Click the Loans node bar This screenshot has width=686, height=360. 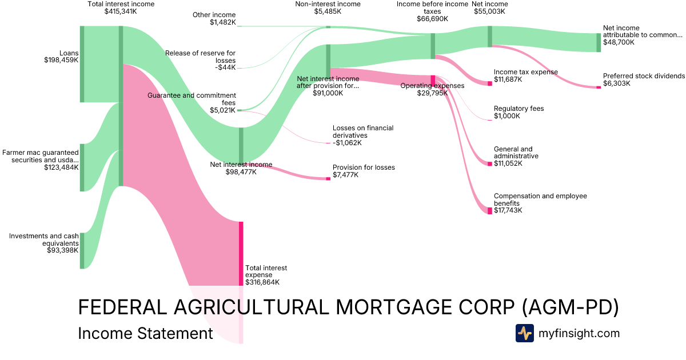click(82, 64)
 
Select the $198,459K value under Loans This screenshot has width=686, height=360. click(61, 59)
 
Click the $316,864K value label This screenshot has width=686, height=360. click(262, 282)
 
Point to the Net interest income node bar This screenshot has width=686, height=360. click(241, 145)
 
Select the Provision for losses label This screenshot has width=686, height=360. click(364, 167)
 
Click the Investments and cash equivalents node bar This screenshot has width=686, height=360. click(82, 250)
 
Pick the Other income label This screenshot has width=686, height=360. click(214, 15)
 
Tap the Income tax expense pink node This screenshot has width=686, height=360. click(490, 83)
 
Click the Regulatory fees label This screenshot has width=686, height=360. click(519, 109)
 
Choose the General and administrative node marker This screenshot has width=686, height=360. click(490, 164)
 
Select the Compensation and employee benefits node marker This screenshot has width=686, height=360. click(490, 211)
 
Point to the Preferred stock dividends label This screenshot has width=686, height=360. click(643, 76)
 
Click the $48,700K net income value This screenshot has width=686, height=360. click(619, 42)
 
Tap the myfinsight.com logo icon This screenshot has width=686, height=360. click(524, 333)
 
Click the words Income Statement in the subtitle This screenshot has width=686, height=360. click(145, 333)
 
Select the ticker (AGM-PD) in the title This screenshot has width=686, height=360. click(570, 307)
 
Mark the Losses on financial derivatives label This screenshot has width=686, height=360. click(363, 132)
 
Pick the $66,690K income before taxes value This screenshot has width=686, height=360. click(432, 19)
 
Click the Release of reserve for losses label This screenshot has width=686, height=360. click(200, 57)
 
